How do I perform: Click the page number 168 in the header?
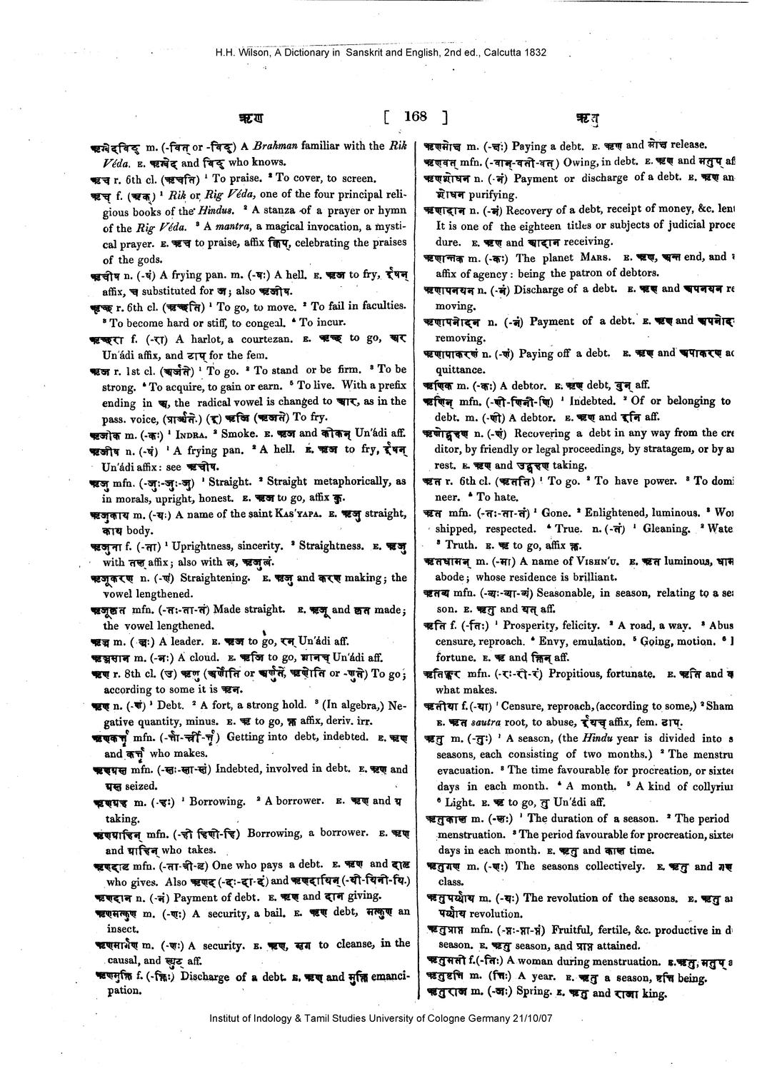click(415, 116)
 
